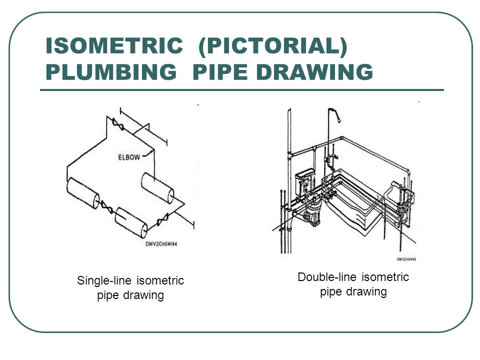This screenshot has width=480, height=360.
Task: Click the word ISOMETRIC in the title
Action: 113,47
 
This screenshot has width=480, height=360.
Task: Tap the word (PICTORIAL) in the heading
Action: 272,47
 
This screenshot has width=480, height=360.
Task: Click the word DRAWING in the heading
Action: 313,72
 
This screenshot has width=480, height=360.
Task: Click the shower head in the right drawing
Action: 339,119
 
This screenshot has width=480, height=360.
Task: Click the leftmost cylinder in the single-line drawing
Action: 82,192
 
